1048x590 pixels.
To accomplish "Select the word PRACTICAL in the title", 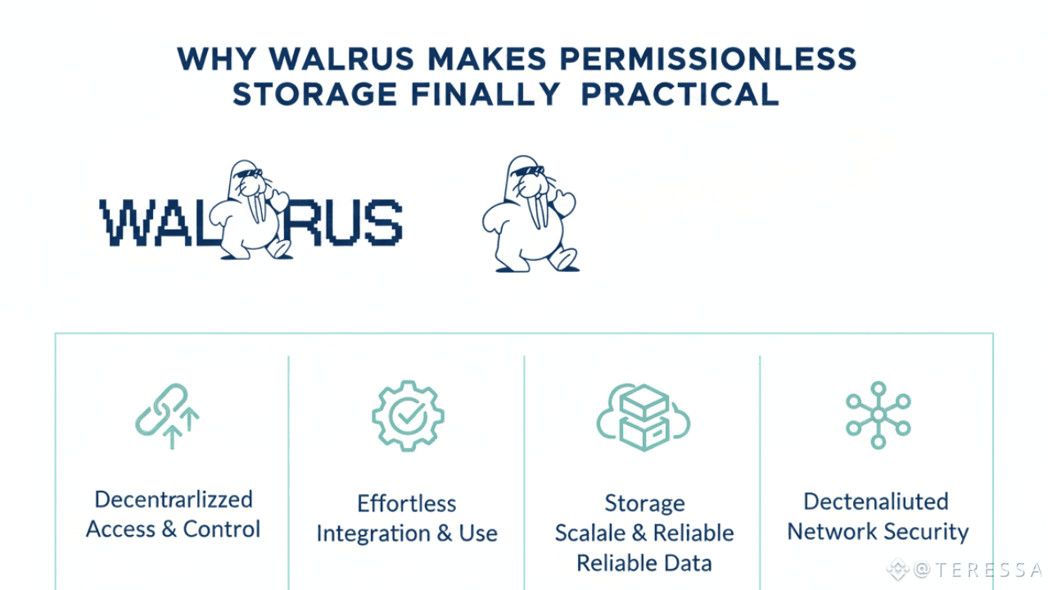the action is (x=679, y=94).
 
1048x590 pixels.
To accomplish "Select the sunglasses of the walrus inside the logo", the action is (x=248, y=174).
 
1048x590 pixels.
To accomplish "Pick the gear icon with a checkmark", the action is (x=408, y=415).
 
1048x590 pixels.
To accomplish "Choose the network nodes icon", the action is (x=879, y=415).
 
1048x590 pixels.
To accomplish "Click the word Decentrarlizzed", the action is (x=174, y=499).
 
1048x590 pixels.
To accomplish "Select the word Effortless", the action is (x=407, y=503).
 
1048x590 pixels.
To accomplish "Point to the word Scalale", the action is (x=591, y=533).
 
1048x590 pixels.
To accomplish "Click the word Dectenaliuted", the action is (x=876, y=501).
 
